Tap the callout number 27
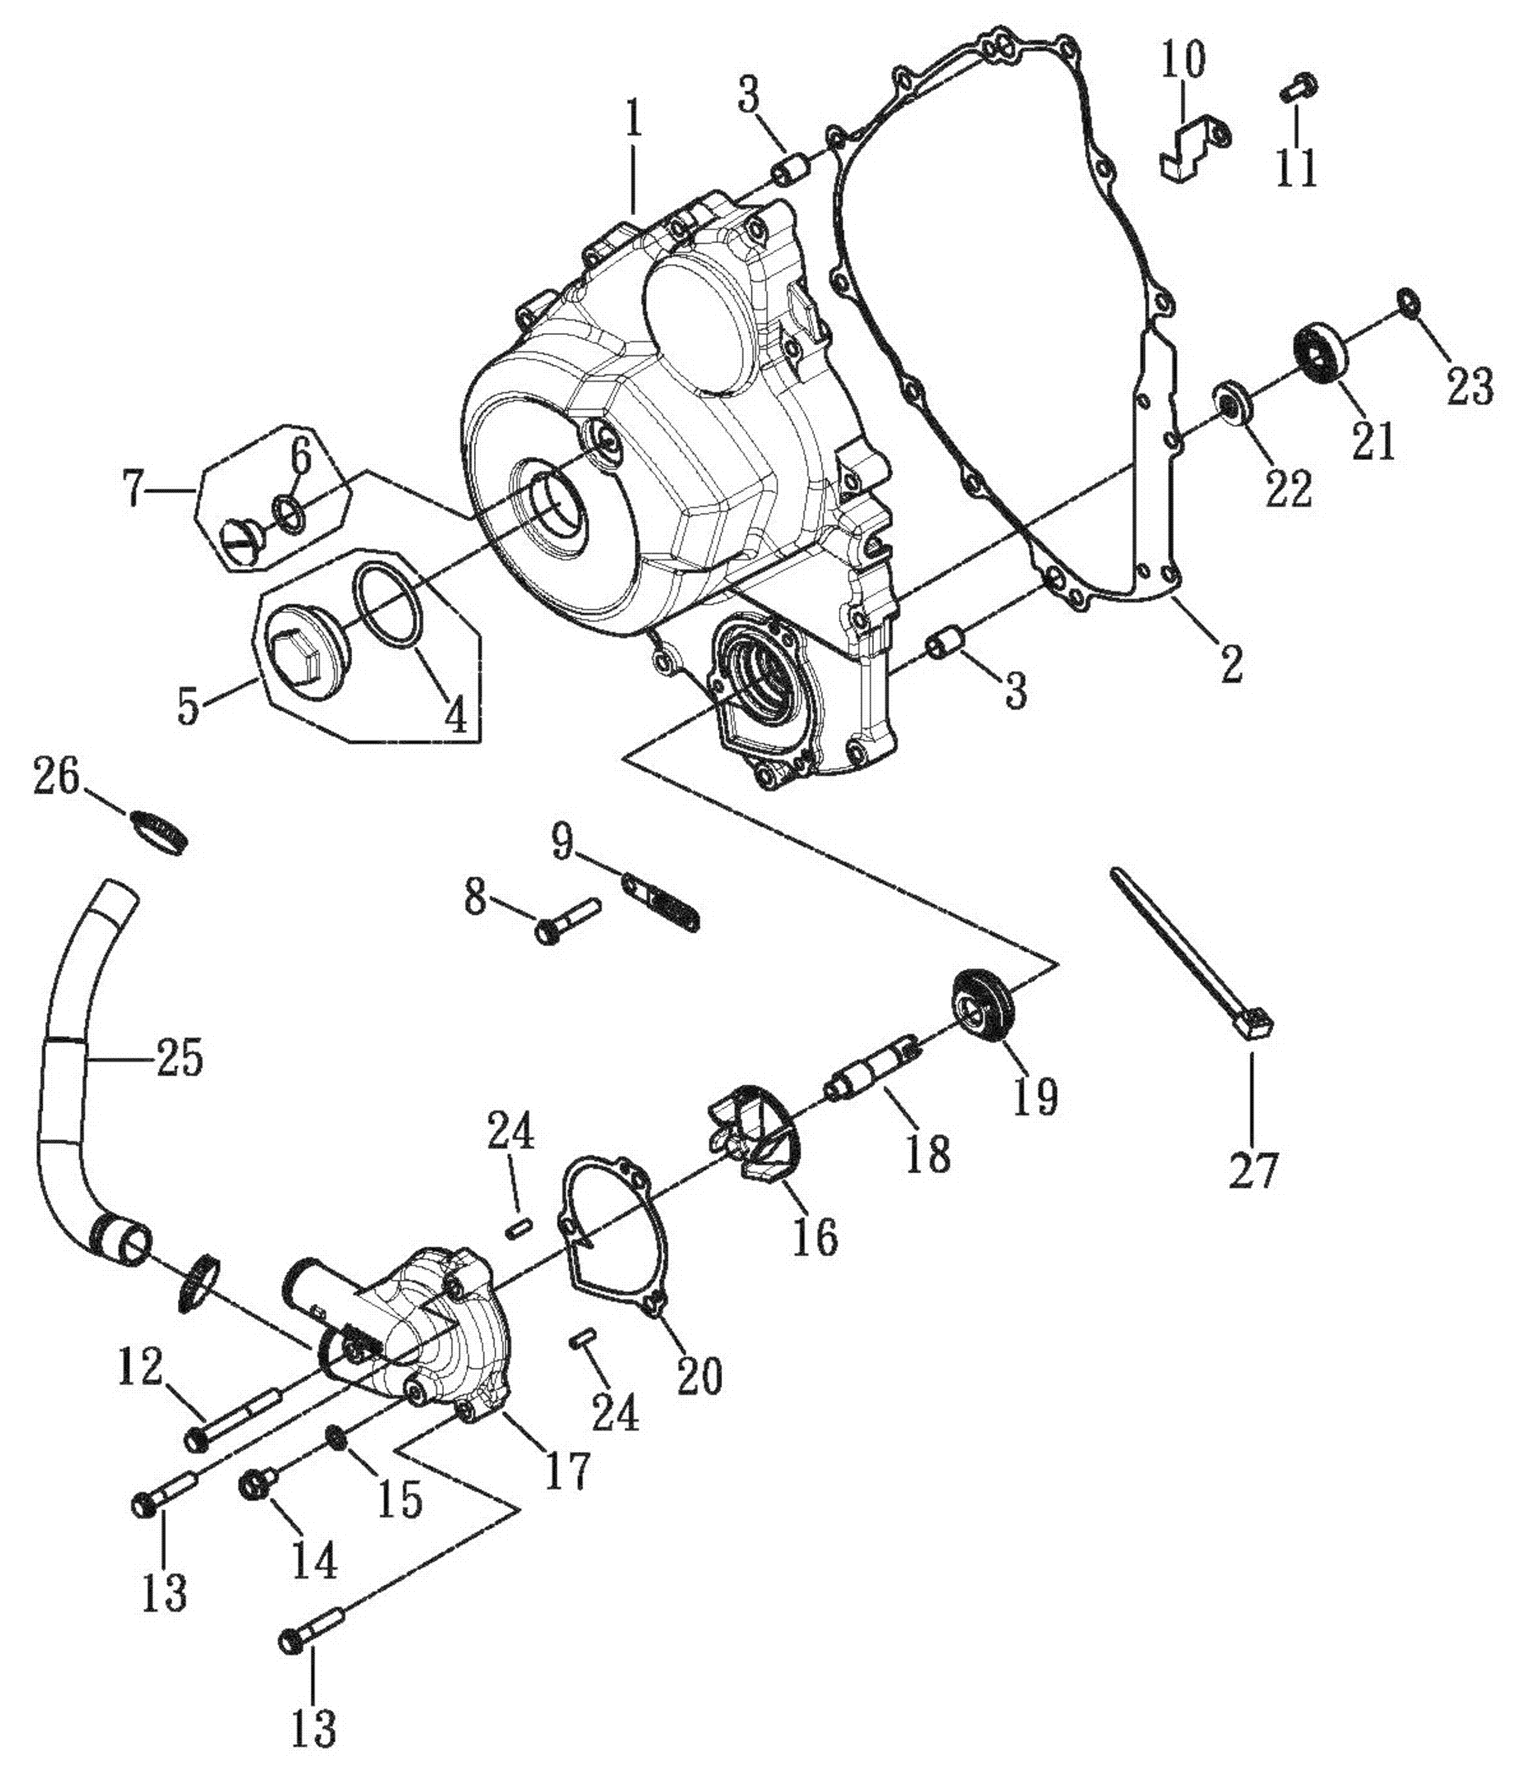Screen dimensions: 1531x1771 click(x=1252, y=1170)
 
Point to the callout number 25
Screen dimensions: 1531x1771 click(x=179, y=1059)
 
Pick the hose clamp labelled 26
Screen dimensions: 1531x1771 click(x=160, y=830)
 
